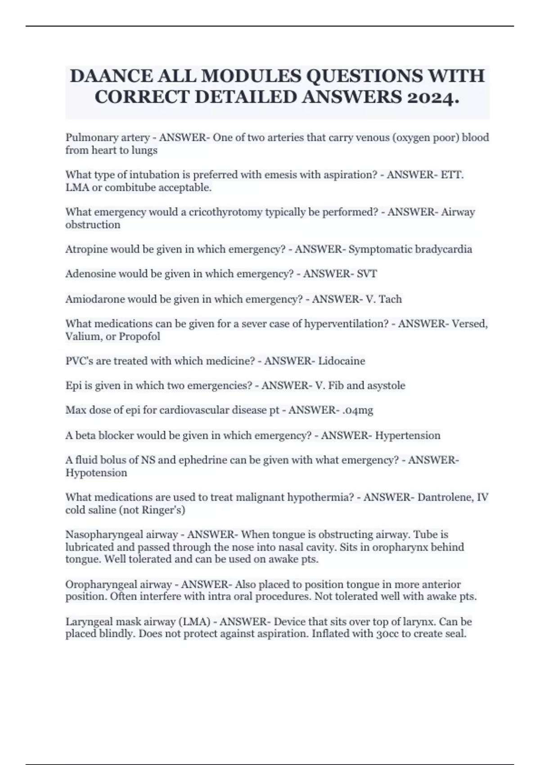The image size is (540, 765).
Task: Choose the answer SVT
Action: coord(366,274)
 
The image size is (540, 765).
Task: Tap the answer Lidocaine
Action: coord(342,361)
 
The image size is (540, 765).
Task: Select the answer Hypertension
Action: coord(408,436)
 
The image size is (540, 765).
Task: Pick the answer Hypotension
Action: coord(96,473)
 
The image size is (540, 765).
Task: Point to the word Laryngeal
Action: coord(87,622)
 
